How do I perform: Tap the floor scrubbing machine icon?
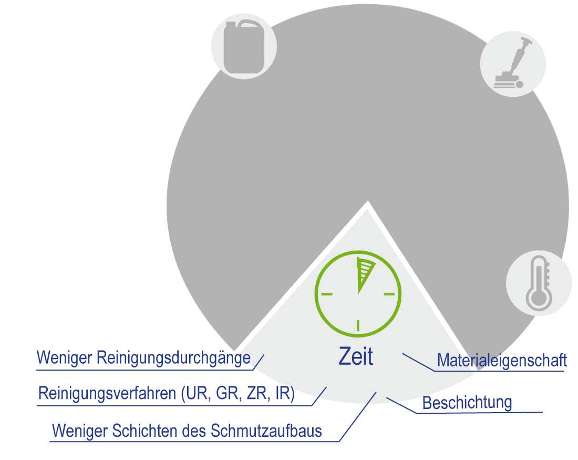(x=512, y=64)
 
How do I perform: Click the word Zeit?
(x=356, y=357)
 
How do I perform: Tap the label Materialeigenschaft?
(x=502, y=361)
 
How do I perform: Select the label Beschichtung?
(x=467, y=403)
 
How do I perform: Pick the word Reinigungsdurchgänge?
(x=174, y=359)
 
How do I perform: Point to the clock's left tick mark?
(x=326, y=293)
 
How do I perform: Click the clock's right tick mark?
(x=389, y=293)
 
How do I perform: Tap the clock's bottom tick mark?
(x=358, y=325)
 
